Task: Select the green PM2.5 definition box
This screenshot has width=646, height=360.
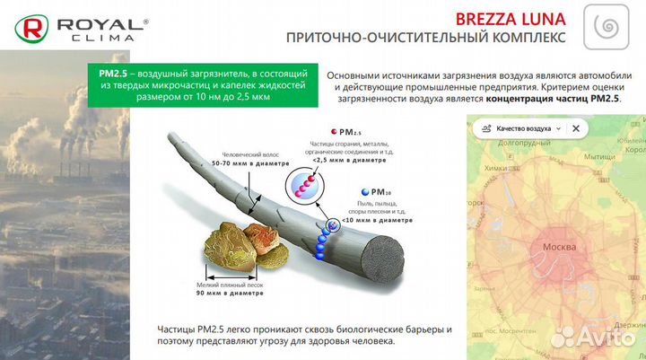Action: click(x=203, y=85)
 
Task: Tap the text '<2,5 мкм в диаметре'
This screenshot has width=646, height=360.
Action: click(x=353, y=166)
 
